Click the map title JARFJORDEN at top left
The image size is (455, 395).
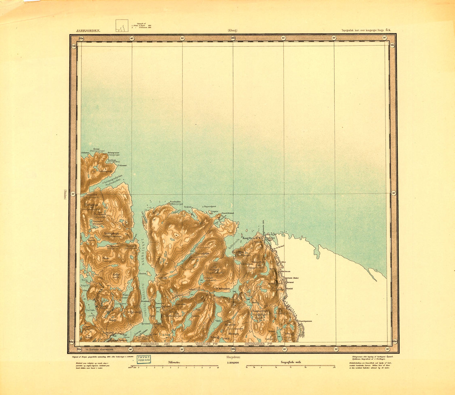[x=88, y=31]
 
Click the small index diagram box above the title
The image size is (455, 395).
[x=122, y=26]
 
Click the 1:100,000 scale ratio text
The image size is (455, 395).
[x=233, y=363]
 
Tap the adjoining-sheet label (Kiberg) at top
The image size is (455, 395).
[x=232, y=31]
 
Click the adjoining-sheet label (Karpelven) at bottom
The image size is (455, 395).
[x=233, y=357]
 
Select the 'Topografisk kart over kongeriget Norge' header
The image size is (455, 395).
[x=366, y=31]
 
